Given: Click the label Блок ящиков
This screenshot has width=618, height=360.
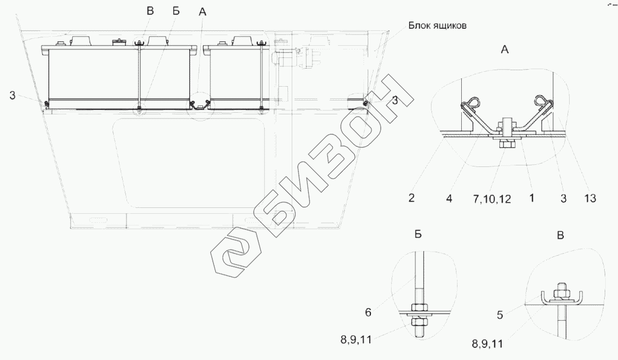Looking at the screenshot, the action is tap(437, 26).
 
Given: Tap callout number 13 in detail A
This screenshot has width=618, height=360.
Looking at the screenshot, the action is tap(590, 198).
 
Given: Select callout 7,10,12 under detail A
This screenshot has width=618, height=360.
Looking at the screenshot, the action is tap(492, 199).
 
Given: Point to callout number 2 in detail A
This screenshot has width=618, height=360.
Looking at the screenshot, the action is tap(411, 197).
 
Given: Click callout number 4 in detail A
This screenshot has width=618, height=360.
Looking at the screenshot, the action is tap(449, 198).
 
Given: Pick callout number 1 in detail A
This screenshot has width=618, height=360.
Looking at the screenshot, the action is tap(532, 197).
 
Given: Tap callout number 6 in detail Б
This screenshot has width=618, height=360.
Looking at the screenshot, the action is tap(368, 312).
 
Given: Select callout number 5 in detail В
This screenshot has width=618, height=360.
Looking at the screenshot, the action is tap(500, 315).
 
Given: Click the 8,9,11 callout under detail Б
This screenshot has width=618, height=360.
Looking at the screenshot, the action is tap(357, 339).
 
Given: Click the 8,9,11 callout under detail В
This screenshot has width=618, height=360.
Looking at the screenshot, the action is tap(487, 344).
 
